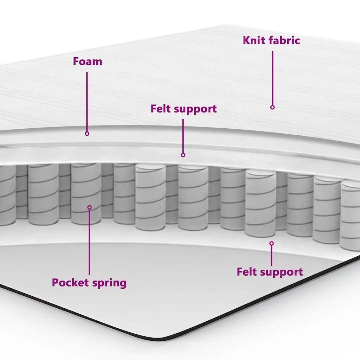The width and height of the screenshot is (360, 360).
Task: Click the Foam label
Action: click(88, 62)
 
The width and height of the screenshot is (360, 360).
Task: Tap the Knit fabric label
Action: click(271, 40)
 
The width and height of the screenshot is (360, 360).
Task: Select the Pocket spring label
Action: click(89, 283)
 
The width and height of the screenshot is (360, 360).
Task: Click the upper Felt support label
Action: click(184, 109)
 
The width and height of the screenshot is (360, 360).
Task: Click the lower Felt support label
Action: click(270, 272)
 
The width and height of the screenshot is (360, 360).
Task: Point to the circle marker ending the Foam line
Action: click(87, 134)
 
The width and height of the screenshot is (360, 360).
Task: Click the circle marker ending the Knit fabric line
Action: click(272, 107)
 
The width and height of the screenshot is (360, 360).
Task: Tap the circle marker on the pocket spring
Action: click(90, 207)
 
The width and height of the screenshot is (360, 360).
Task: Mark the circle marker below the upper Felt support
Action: click(183, 155)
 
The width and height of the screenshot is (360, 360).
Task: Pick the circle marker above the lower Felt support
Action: click(272, 243)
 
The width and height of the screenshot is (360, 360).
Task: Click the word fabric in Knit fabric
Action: click(284, 40)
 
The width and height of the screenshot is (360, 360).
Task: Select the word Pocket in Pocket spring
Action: click(70, 282)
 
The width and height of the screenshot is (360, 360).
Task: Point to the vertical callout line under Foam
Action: click(87, 102)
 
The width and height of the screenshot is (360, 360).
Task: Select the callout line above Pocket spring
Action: click(90, 242)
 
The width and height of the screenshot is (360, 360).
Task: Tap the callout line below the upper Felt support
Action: click(183, 136)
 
